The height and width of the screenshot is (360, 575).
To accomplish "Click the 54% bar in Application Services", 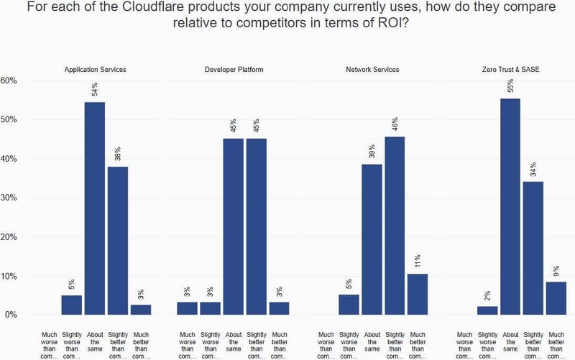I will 95,208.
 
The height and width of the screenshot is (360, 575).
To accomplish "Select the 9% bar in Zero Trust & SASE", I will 557,297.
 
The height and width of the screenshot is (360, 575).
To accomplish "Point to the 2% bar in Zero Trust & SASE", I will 488,310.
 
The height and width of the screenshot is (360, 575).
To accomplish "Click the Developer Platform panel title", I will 234,70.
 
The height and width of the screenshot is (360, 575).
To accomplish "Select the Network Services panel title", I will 372,70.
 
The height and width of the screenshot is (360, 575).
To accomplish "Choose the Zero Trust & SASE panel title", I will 511,70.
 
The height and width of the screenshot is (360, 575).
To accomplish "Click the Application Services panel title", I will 95,70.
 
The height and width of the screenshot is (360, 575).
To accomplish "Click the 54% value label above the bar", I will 94,90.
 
